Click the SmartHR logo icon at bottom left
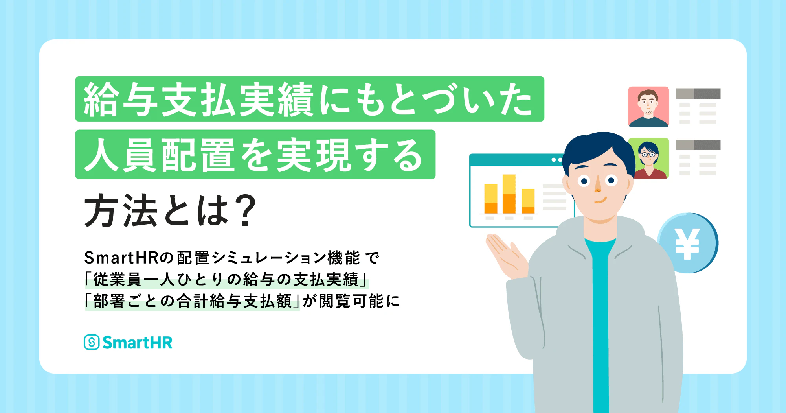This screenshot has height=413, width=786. (x=92, y=342)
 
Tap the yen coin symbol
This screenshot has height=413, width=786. (x=687, y=244)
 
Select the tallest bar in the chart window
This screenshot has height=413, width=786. (x=509, y=194)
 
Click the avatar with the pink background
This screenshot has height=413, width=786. (x=648, y=107)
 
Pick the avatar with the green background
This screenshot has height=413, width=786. (x=648, y=158)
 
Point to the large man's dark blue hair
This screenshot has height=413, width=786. (x=597, y=151)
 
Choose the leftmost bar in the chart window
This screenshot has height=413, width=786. (x=491, y=199)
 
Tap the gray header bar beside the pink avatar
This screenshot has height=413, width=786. (x=698, y=94)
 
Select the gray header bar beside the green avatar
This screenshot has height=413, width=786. (x=698, y=145)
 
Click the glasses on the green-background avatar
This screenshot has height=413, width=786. (x=648, y=155)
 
